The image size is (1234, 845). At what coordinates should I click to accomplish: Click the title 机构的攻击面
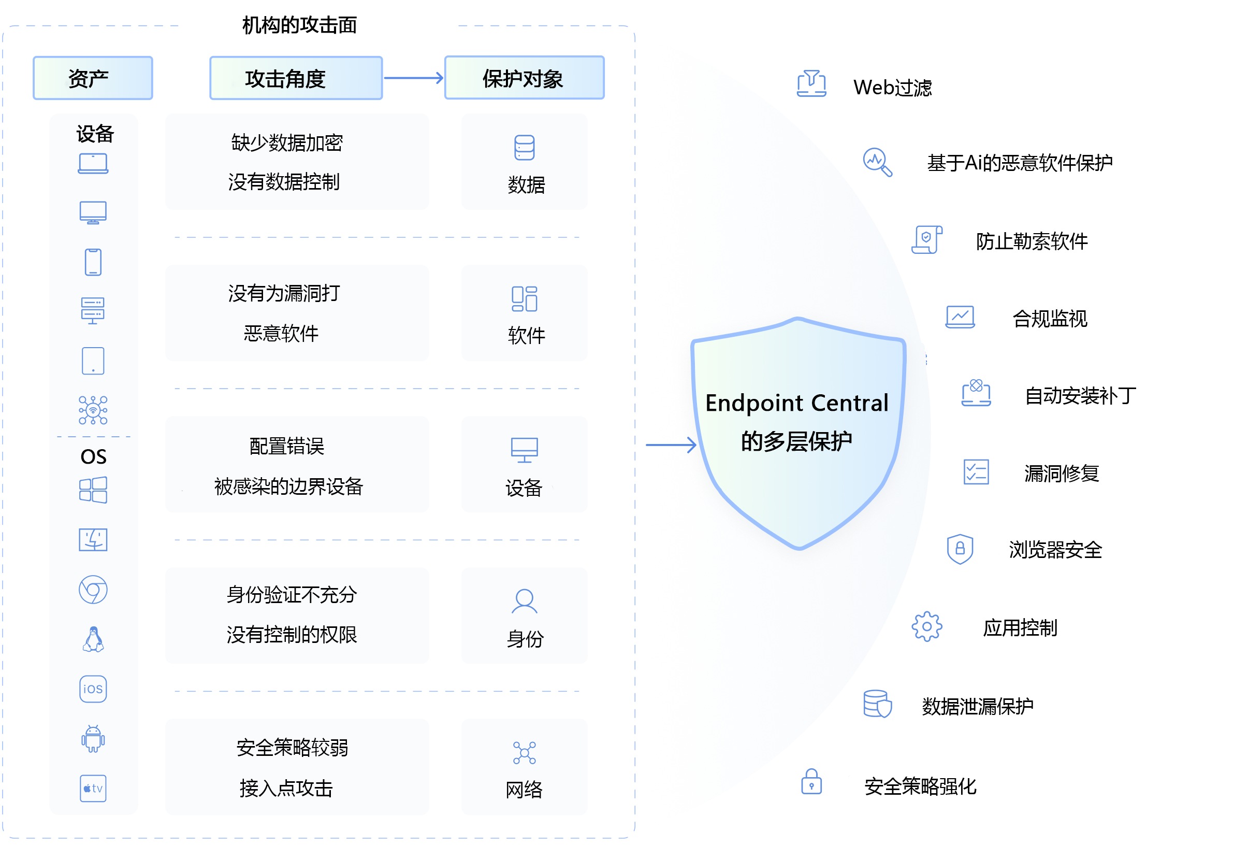(299, 25)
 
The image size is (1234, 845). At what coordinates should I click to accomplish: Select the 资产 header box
(93, 78)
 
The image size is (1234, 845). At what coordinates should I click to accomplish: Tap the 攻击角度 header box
(296, 78)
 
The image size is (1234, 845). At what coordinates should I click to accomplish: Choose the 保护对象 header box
(524, 78)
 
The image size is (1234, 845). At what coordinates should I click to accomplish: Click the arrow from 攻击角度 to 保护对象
(413, 78)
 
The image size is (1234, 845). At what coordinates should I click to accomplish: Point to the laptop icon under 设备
(93, 164)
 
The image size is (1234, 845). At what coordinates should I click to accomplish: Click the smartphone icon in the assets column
(93, 262)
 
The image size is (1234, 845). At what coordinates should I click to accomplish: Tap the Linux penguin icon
(93, 639)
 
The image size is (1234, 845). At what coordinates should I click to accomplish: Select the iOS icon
(93, 690)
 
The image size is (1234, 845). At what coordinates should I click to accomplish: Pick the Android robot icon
(93, 739)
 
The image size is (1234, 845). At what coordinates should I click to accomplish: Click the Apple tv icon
(93, 789)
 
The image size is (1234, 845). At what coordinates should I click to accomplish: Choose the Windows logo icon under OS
(93, 490)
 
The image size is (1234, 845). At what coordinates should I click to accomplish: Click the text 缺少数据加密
(287, 143)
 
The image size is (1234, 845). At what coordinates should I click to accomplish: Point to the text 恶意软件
(281, 334)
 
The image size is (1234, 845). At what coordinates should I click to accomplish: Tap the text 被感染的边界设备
(288, 486)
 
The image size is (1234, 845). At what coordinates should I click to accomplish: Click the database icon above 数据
(524, 148)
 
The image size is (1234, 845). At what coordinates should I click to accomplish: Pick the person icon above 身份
(524, 601)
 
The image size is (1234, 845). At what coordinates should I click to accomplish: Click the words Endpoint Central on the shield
(796, 403)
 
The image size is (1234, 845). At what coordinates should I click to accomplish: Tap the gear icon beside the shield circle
(927, 627)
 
